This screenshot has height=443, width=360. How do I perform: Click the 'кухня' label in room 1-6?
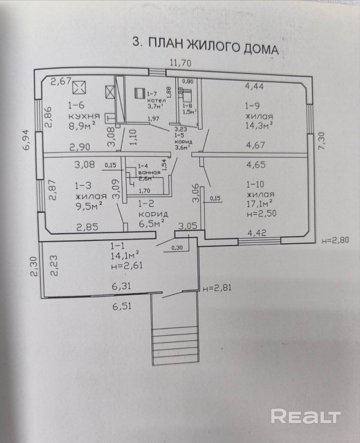[84, 116]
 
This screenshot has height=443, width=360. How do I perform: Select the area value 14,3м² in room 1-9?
[259, 125]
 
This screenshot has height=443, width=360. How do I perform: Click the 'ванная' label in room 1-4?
[149, 172]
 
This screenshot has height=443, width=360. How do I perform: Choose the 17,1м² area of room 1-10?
[259, 202]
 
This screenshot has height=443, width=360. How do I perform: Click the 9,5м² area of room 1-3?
[89, 206]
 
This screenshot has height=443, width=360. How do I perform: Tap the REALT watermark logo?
[306, 416]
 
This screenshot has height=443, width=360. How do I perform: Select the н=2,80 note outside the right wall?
[335, 240]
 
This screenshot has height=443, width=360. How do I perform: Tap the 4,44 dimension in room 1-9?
[254, 86]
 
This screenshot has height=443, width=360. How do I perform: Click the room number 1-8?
[187, 106]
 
